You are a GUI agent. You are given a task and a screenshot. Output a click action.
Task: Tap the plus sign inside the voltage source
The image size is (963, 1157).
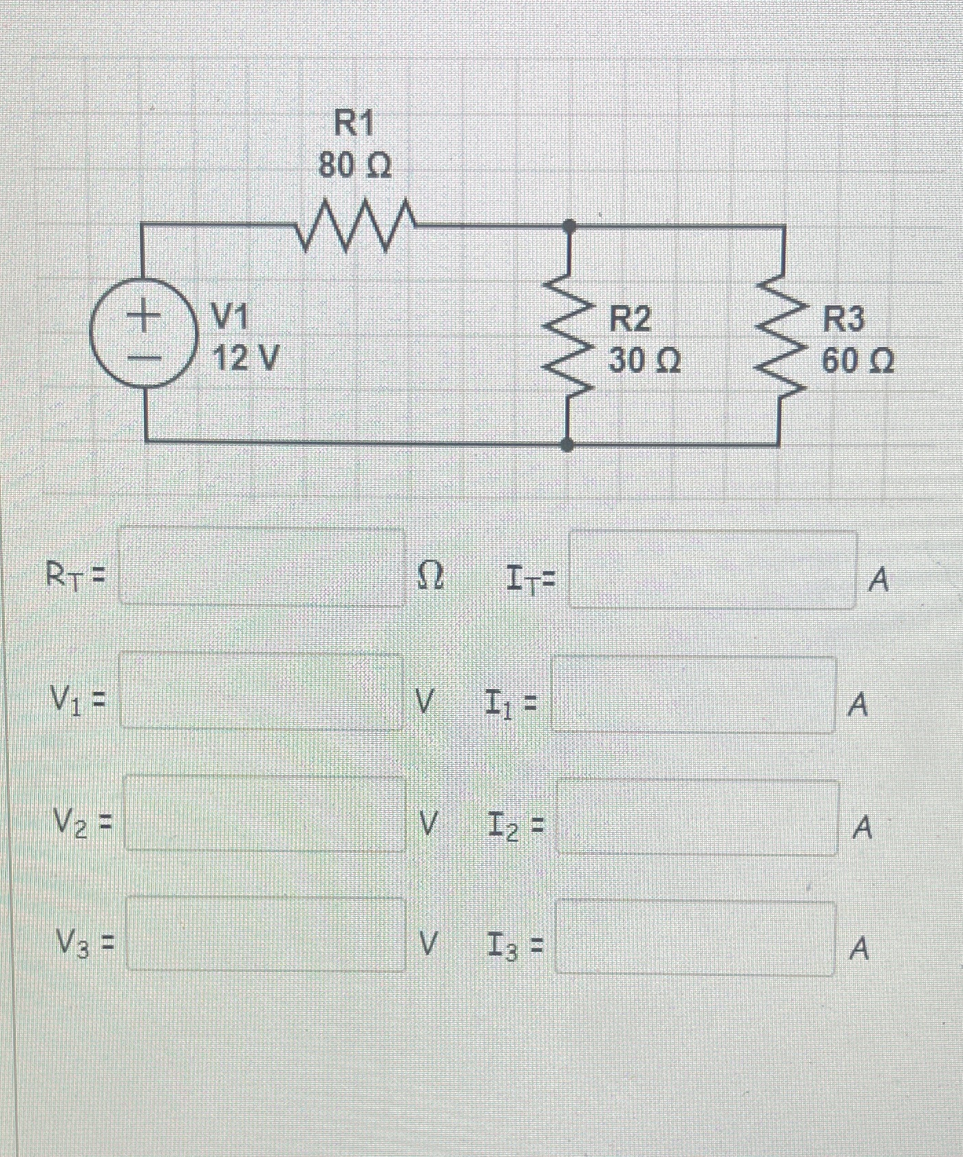(x=141, y=317)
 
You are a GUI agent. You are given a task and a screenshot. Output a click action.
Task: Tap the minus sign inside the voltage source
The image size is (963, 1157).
(x=142, y=358)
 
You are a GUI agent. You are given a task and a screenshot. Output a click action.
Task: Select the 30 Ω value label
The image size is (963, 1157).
(x=644, y=361)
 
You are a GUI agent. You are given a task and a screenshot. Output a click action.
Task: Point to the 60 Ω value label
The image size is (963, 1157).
(x=858, y=361)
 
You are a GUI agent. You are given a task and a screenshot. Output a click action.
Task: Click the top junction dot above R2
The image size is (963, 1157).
(x=569, y=224)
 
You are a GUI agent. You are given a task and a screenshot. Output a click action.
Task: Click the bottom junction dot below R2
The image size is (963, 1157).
(x=567, y=445)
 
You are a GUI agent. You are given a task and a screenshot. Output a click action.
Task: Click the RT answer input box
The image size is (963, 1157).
(x=262, y=567)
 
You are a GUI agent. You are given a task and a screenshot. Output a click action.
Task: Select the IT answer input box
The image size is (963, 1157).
(x=712, y=570)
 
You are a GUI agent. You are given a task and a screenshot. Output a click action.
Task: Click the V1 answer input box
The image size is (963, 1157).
(x=261, y=691)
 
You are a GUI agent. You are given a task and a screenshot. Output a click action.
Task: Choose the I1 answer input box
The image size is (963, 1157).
(x=694, y=694)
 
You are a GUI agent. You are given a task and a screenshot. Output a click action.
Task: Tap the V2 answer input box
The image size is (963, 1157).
(x=264, y=814)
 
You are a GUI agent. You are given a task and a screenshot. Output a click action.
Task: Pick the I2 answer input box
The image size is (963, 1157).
(x=697, y=817)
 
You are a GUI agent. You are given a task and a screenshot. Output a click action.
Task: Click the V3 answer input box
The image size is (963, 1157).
(x=266, y=934)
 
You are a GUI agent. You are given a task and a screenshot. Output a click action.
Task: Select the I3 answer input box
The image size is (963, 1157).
(x=695, y=937)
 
